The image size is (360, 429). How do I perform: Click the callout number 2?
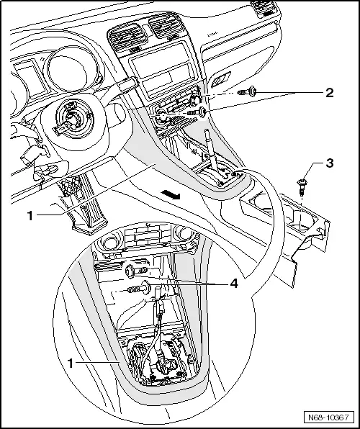pyautogui.click(x=329, y=94)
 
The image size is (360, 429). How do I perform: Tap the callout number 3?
pyautogui.click(x=329, y=164)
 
